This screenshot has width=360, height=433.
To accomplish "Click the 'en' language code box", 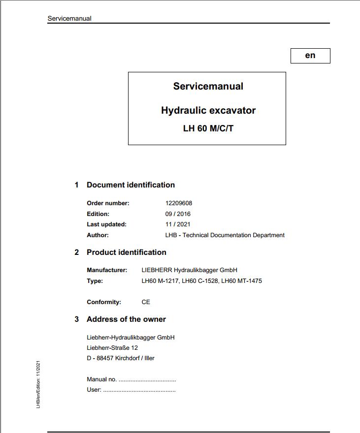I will pos(310,56).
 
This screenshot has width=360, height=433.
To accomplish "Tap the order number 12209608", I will pos(179,203).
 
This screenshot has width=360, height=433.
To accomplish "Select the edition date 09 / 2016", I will pos(178,214).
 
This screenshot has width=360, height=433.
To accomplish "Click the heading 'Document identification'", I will pos(131,185).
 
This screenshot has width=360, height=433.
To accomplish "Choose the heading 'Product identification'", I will pos(127,252).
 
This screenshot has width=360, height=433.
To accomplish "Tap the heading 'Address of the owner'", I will pos(126,319).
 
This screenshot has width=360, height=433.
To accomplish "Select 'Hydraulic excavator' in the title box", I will pos(208,111).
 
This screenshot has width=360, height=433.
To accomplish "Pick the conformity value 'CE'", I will pos(146,302).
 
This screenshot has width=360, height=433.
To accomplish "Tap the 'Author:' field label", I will pos(98,235).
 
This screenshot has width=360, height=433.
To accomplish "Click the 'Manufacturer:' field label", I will pos(107,270).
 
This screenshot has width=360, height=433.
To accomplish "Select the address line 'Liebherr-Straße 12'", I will pos(112,348).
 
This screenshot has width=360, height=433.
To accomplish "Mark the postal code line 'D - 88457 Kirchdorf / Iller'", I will pos(121,358).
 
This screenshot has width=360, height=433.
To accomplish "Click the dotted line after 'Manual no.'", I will pos(147,380).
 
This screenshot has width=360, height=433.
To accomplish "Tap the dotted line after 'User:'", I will pos(139,390).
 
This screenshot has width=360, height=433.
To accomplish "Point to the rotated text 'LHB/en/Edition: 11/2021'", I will pos(38,384).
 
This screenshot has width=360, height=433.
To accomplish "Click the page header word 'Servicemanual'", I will pos(69,19).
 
